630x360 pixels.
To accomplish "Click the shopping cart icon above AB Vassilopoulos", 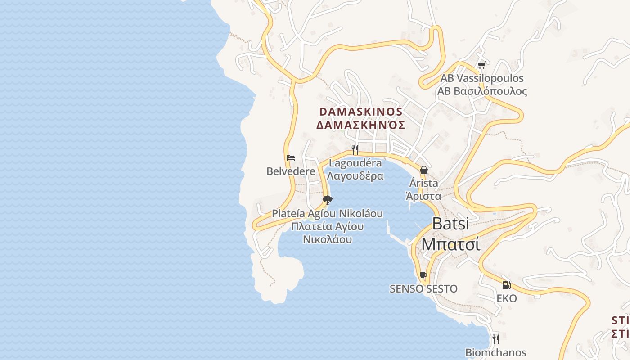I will pyautogui.click(x=481, y=65).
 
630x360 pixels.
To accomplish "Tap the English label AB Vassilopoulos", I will pyautogui.click(x=482, y=78).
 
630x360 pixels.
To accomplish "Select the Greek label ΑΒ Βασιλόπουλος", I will pyautogui.click(x=482, y=91).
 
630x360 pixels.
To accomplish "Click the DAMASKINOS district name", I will pyautogui.click(x=360, y=111).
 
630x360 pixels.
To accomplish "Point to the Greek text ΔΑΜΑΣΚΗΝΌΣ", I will pyautogui.click(x=360, y=125).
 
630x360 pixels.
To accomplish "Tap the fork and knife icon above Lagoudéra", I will pyautogui.click(x=355, y=149).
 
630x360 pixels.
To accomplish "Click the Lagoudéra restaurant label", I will pyautogui.click(x=355, y=163).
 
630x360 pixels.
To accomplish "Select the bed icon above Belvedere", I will pyautogui.click(x=291, y=158).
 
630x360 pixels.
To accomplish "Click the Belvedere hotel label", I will pyautogui.click(x=291, y=171).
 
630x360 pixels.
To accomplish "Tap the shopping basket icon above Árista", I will pyautogui.click(x=423, y=170).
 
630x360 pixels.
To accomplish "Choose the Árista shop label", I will pyautogui.click(x=423, y=183).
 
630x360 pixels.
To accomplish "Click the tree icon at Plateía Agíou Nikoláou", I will pyautogui.click(x=328, y=200).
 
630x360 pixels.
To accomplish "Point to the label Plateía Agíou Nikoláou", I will pyautogui.click(x=328, y=213).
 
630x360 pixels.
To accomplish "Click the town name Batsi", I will pyautogui.click(x=450, y=224).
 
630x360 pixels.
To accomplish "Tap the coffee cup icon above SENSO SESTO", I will pyautogui.click(x=423, y=275).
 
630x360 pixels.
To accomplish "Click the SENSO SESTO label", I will pyautogui.click(x=423, y=289).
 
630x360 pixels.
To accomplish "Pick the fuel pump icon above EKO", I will pyautogui.click(x=506, y=285).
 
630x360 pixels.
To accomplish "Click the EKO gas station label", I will pyautogui.click(x=507, y=298).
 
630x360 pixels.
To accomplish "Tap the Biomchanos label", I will pyautogui.click(x=495, y=353).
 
